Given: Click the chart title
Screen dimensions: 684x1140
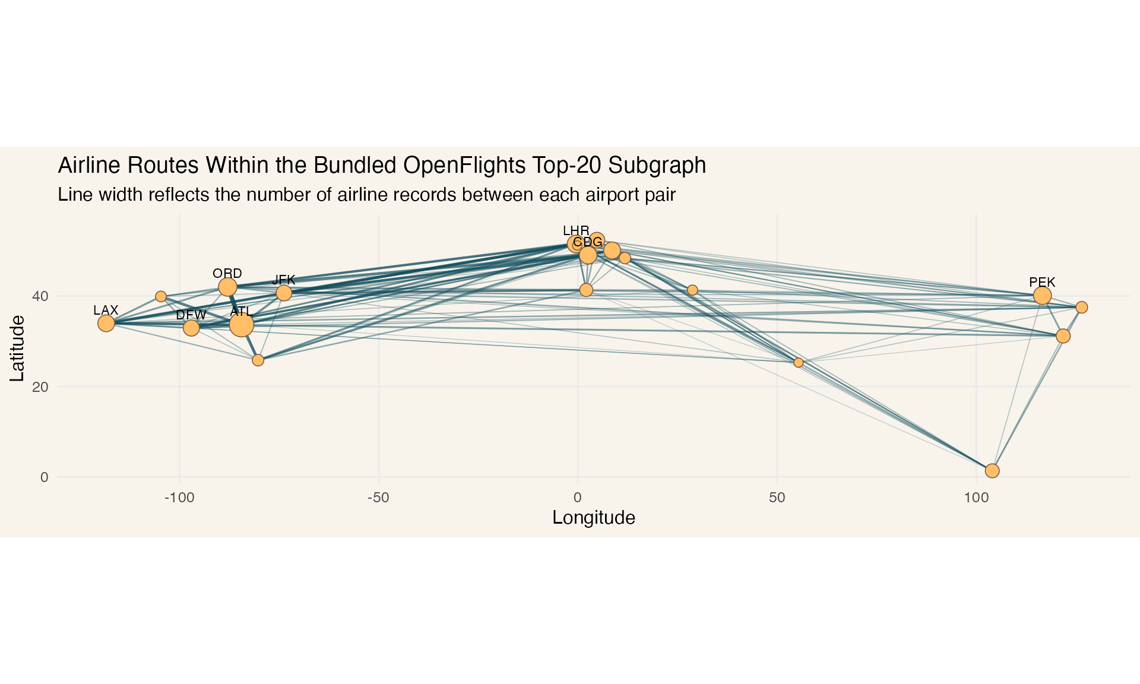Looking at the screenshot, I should pyautogui.click(x=382, y=166).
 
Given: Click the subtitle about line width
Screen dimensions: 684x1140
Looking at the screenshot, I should pyautogui.click(x=366, y=195).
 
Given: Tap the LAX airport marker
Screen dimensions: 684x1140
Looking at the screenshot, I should pyautogui.click(x=106, y=323).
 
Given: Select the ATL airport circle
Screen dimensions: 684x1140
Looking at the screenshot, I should pyautogui.click(x=242, y=325).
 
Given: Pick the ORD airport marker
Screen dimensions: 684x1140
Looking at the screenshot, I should pyautogui.click(x=227, y=287).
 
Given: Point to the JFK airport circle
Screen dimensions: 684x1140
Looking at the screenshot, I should pyautogui.click(x=284, y=293).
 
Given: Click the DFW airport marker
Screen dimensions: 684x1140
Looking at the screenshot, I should pyautogui.click(x=191, y=328).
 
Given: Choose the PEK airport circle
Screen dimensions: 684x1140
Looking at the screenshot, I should pyautogui.click(x=1042, y=295).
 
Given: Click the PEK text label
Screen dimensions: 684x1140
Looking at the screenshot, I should pyautogui.click(x=1042, y=282).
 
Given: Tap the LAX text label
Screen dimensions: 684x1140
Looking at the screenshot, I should pyautogui.click(x=106, y=310).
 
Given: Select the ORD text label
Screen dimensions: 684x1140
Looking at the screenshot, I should pyautogui.click(x=227, y=273).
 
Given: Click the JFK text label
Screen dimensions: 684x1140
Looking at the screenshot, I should pyautogui.click(x=284, y=280).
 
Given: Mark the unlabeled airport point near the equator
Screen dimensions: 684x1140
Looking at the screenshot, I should pyautogui.click(x=992, y=471).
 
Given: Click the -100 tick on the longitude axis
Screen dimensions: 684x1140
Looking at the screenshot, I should pyautogui.click(x=179, y=498).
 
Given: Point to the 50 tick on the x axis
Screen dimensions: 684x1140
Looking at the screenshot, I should pyautogui.click(x=777, y=498).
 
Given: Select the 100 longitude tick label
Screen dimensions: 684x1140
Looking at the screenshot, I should pyautogui.click(x=976, y=498).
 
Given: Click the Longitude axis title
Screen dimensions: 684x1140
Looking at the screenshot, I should pyautogui.click(x=594, y=518).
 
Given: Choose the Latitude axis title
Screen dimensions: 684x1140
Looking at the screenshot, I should pyautogui.click(x=17, y=348).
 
